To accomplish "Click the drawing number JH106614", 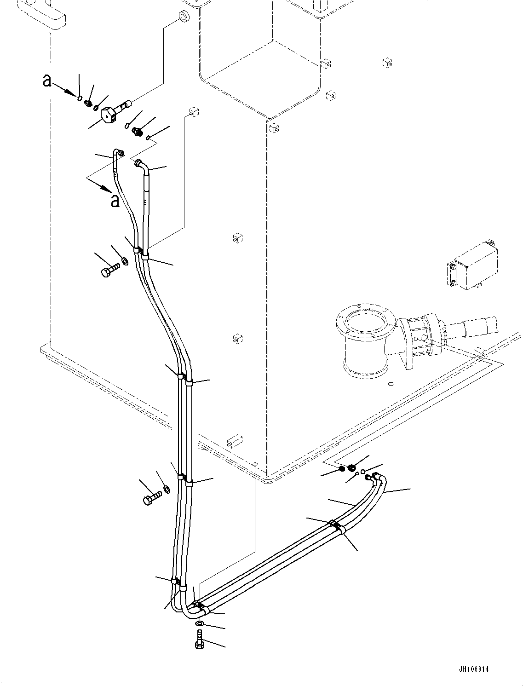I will coord(473,669).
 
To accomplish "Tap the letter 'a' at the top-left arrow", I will coord(46,81).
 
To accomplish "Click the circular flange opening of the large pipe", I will coord(364,322).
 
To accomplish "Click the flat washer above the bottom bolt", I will coord(200,623).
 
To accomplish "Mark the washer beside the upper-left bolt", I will coord(124,262).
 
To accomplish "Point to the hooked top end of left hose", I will coord(117,153).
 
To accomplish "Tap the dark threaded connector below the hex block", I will coord(137,131).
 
